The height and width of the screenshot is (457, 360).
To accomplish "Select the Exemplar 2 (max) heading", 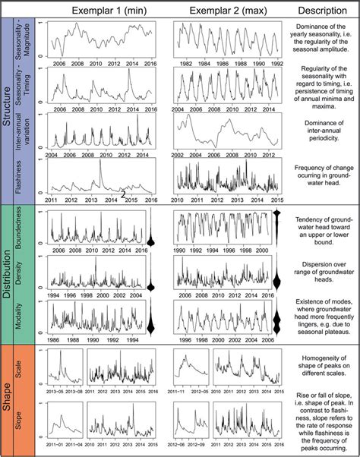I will pyautogui.click(x=223, y=10).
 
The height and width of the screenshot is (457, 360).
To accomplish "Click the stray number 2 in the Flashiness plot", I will pyautogui.click(x=122, y=195).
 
